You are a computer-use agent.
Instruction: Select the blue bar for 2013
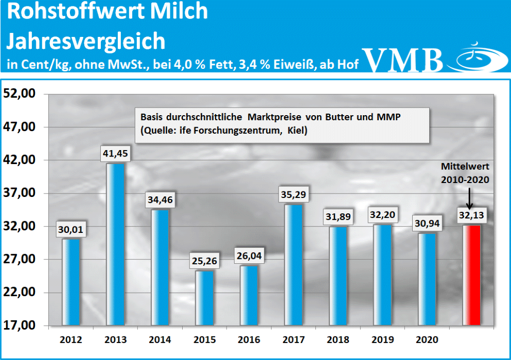coord(115,244)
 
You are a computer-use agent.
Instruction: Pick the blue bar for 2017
coord(293,264)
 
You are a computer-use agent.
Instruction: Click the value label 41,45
coord(116,154)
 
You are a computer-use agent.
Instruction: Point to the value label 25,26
coord(205,261)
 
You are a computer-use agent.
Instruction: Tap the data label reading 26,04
coord(249,256)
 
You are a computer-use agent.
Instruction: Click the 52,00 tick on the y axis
coord(20,94)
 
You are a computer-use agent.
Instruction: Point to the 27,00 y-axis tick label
coord(20,259)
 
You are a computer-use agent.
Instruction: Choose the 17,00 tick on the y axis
coord(20,326)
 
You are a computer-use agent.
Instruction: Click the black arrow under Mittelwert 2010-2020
coord(469,199)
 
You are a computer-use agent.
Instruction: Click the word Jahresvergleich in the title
coord(85,40)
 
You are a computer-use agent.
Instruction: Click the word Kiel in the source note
coord(297,131)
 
